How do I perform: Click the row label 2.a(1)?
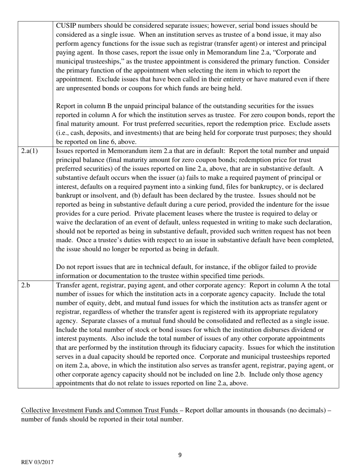pyautogui.click(x=30, y=151)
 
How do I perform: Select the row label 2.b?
pyautogui.click(x=26, y=285)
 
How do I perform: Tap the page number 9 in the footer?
pyautogui.click(x=180, y=455)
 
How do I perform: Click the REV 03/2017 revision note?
pyautogui.click(x=37, y=462)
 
